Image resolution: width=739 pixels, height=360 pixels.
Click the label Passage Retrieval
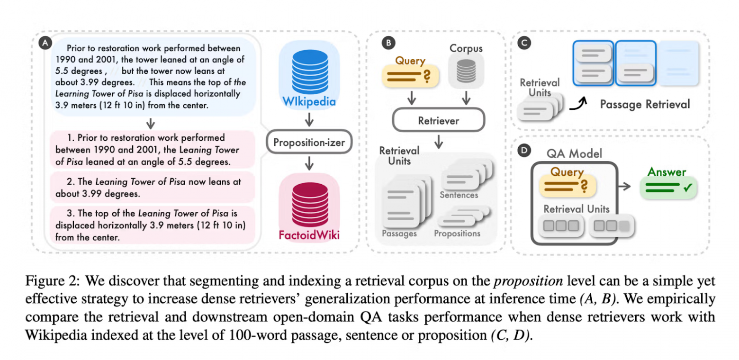[645, 104]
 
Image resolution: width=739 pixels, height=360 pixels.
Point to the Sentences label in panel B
[459, 195]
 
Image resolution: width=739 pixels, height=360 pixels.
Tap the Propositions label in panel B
[457, 234]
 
